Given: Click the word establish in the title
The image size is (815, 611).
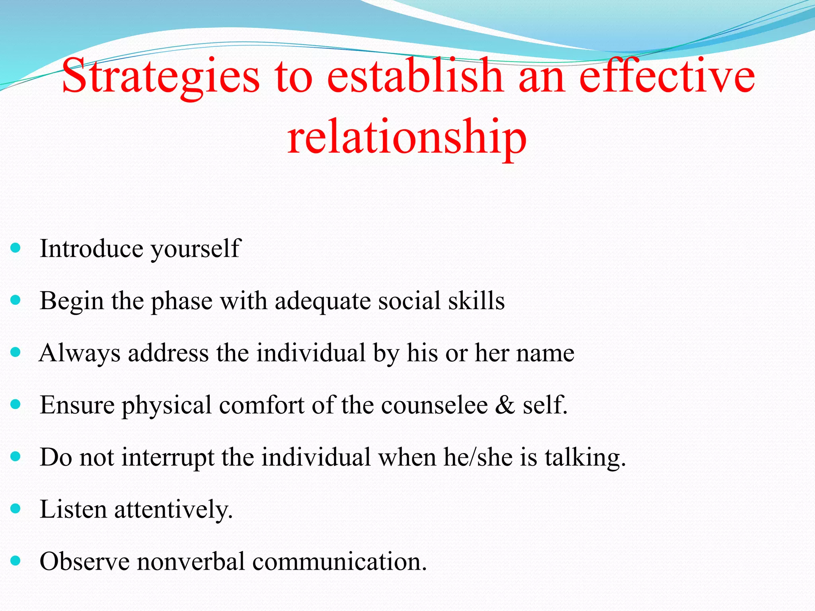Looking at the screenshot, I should click(415, 76).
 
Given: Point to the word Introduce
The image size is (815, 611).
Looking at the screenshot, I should click(92, 249).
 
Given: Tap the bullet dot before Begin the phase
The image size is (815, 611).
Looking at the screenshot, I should click(16, 300).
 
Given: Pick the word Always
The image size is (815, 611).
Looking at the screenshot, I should click(80, 353).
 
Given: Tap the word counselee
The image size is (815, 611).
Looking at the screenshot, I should click(434, 405).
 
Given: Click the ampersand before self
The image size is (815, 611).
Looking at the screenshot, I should click(505, 405).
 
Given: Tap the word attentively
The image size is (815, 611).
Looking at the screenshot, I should click(173, 510).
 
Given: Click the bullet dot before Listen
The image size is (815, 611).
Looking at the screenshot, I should click(16, 508).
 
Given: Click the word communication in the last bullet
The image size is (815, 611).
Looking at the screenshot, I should click(339, 562).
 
